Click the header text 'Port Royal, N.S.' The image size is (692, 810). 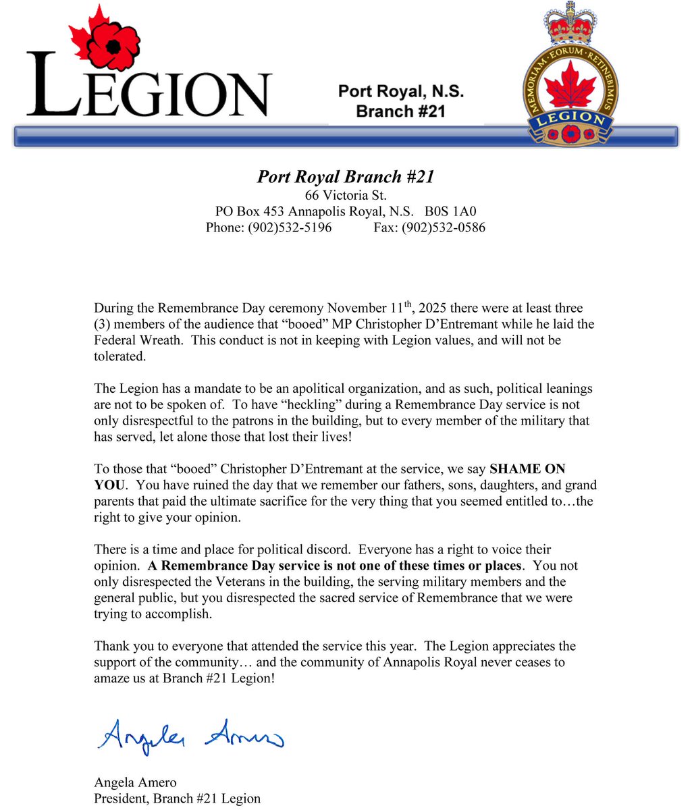400,91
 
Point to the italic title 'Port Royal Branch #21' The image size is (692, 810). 345,177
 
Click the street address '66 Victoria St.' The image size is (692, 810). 345,196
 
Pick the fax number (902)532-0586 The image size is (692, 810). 443,227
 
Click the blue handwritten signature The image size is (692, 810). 188,735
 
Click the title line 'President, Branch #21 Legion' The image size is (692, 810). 177,799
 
